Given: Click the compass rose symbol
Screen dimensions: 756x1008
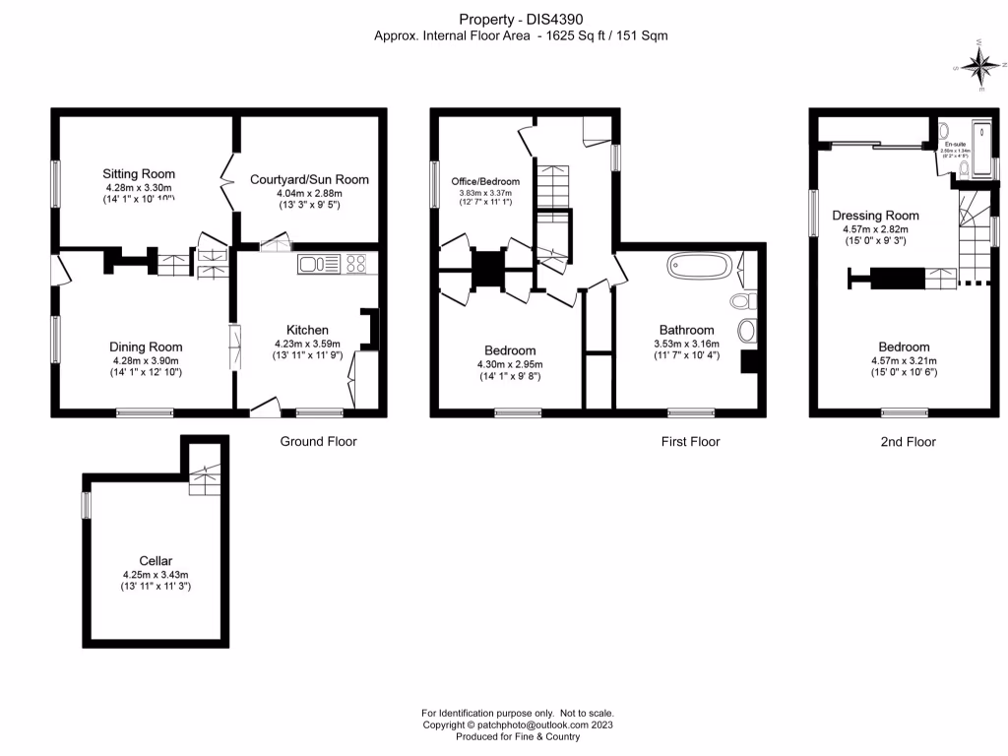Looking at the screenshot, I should coord(980,66).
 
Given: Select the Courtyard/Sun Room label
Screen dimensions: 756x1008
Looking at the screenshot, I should coord(309,179).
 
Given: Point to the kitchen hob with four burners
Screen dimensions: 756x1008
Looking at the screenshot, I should coord(355,263).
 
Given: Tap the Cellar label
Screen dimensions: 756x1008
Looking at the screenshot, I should coord(156,560).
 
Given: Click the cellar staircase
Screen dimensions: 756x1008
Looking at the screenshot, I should coord(205,478).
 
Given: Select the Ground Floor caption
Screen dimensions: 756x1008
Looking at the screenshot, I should coord(318,442).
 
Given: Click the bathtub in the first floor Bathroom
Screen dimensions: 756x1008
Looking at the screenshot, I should coord(700,266).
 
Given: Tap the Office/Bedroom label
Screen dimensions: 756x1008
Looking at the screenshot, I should coord(485,182).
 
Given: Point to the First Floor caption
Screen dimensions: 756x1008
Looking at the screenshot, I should coord(690,442).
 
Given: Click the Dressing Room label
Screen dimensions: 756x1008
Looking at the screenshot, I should coord(875,216).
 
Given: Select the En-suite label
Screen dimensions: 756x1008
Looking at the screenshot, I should coord(955,145).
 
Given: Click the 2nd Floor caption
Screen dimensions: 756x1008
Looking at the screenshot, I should coord(907,442).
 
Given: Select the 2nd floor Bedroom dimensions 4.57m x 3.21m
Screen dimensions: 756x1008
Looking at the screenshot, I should coord(903,361).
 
